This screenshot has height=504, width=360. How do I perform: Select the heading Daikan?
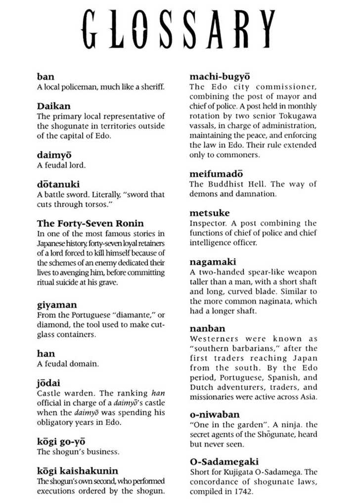(53, 106)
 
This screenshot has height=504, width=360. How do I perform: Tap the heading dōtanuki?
(58, 184)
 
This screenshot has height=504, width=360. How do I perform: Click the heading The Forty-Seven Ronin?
(90, 224)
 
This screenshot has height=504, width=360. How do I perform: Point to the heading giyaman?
(56, 305)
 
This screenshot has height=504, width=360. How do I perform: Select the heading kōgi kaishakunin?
(78, 471)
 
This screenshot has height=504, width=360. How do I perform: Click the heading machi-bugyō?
(220, 77)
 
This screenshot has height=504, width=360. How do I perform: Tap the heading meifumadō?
(216, 174)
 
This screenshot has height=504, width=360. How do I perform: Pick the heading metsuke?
(210, 213)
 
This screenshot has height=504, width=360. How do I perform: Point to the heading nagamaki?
(213, 262)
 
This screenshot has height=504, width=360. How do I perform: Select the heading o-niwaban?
(214, 414)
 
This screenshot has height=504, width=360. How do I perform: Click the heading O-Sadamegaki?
(224, 461)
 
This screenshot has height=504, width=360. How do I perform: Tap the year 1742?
(244, 491)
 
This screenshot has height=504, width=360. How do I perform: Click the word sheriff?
(152, 87)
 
